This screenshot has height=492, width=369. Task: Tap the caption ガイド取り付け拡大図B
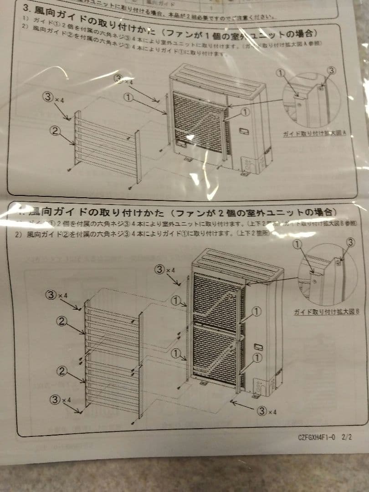[327, 312]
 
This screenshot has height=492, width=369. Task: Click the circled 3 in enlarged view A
[331, 70]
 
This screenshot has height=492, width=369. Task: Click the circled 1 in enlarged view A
[281, 73]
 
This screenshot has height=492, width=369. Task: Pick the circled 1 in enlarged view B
[297, 245]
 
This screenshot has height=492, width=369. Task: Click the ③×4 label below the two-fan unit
[267, 411]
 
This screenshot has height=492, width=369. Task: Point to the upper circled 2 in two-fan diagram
[62, 321]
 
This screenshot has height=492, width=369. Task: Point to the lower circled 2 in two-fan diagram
[62, 371]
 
